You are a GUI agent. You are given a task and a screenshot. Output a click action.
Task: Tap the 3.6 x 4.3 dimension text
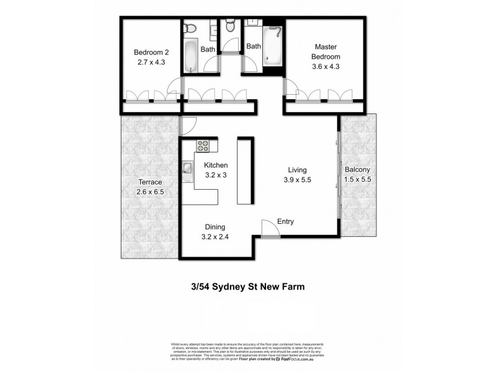(x=327, y=66)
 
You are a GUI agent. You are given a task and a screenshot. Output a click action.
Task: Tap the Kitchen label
(x=216, y=166)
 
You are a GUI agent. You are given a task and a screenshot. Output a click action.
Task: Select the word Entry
(x=286, y=221)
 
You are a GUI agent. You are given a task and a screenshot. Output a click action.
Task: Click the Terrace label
(x=149, y=182)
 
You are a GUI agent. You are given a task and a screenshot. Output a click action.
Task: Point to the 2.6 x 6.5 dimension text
(x=149, y=192)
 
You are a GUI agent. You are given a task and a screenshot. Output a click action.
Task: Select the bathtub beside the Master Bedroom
(x=272, y=46)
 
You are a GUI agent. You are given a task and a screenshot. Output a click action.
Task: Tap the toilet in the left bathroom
(x=192, y=27)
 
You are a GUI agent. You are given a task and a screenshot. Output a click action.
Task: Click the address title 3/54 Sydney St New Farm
(x=248, y=286)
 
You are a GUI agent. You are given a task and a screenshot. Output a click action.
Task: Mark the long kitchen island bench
(x=244, y=172)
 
